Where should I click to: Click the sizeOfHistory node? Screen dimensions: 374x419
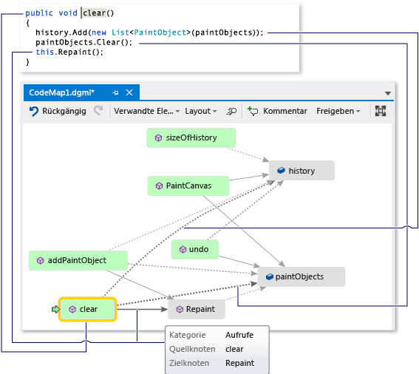(191, 137)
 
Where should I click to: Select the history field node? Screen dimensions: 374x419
(302, 171)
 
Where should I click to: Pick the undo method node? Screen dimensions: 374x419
(195, 250)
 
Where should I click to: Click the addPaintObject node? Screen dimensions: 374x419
(78, 260)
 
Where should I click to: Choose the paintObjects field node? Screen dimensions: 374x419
(299, 276)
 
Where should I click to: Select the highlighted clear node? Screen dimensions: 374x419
(88, 309)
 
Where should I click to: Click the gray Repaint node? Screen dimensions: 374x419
(196, 309)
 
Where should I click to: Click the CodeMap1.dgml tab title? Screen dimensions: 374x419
(67, 93)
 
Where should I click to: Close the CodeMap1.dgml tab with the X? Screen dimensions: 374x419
(129, 93)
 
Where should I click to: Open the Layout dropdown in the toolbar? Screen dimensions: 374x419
(200, 111)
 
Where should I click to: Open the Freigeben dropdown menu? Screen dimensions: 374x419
(338, 111)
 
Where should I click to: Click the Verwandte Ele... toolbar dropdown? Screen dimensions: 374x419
(146, 111)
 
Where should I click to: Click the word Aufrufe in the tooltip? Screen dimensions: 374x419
(240, 335)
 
